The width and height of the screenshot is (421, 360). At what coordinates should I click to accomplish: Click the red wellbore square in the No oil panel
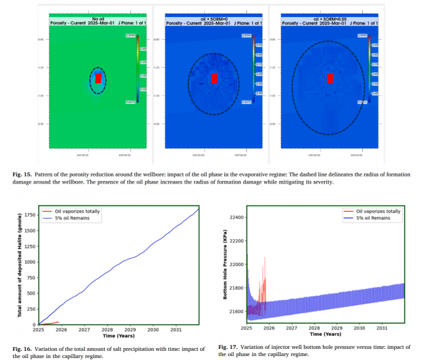tap(98, 78)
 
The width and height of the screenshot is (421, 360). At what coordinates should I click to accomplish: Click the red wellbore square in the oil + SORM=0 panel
tap(214, 78)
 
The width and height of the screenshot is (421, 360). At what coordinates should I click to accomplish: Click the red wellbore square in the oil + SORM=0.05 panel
tap(330, 78)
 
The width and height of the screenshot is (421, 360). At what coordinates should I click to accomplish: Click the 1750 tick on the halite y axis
tap(30, 215)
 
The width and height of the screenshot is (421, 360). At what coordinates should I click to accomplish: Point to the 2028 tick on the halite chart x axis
tap(107, 331)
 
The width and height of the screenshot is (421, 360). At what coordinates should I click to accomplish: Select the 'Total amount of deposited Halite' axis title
tap(20, 268)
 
